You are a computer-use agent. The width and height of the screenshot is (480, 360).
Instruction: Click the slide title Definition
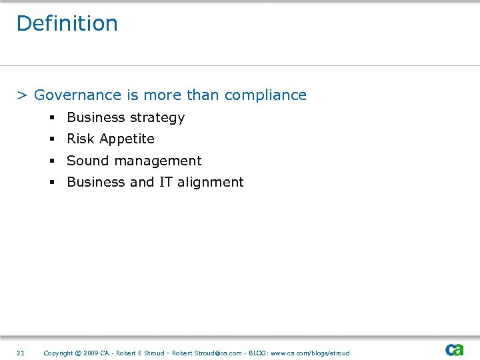pos(67,23)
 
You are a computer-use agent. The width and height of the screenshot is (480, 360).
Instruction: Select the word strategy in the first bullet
pos(157,118)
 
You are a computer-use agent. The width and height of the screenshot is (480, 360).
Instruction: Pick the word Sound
pos(85,161)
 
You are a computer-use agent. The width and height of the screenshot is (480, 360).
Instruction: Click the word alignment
pos(210,183)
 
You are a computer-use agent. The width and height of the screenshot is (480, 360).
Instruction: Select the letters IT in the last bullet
pos(165,182)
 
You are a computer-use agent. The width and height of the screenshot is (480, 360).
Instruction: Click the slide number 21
pos(21,353)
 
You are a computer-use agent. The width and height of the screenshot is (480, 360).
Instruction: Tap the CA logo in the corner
pos(455,349)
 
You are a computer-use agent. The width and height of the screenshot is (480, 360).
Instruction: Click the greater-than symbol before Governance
pos(22,95)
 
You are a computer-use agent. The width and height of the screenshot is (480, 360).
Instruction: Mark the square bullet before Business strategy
pos(50,118)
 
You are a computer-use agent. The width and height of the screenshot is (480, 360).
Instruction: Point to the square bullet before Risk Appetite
pos(50,139)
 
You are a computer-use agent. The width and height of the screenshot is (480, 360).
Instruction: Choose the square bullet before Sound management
pos(50,161)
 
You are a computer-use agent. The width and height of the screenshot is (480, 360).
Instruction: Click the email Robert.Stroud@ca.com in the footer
pos(207,353)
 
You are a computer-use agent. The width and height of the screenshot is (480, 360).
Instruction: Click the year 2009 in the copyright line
pos(91,353)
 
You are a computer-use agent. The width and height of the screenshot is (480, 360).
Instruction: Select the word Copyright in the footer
pos(58,353)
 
